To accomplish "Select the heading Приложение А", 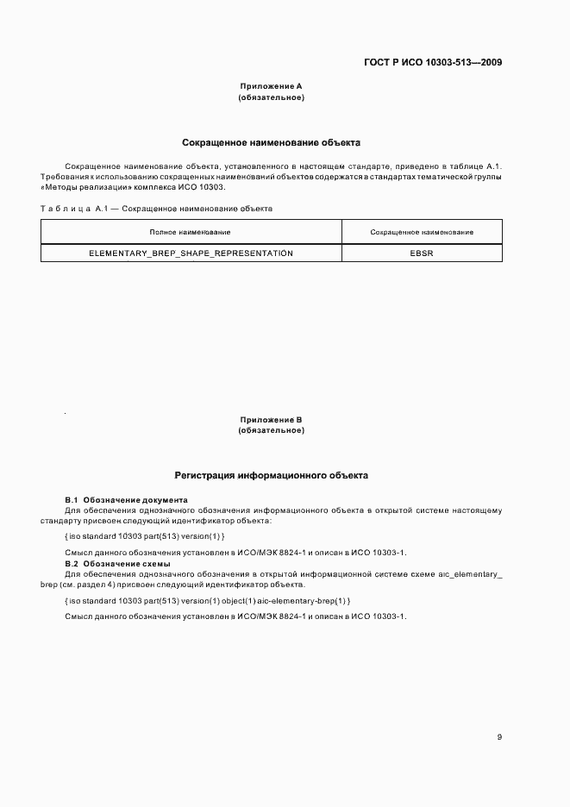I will (270, 86).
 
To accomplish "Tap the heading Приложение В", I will (270, 420).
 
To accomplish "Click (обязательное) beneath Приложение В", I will (270, 430).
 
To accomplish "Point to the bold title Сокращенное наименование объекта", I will (271, 141).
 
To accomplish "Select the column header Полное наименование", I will (190, 232).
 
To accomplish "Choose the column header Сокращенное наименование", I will (421, 232).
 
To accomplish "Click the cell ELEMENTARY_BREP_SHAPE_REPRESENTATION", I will (191, 253).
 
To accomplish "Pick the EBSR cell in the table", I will (421, 253).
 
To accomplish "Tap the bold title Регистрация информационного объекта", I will (271, 475).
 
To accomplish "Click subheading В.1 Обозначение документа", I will (126, 500).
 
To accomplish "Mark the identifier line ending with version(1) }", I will (145, 536).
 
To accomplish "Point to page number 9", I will (499, 736).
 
